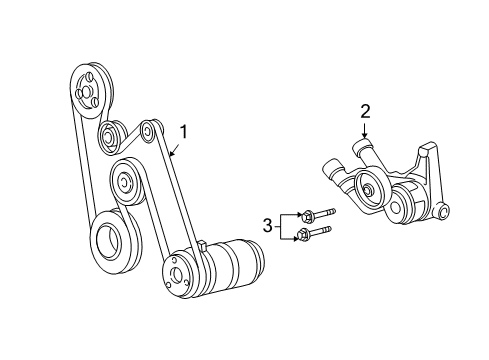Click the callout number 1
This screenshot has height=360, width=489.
183,130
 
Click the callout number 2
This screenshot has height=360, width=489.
366,111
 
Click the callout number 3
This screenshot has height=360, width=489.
267,225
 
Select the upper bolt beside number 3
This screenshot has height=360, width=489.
319,214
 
